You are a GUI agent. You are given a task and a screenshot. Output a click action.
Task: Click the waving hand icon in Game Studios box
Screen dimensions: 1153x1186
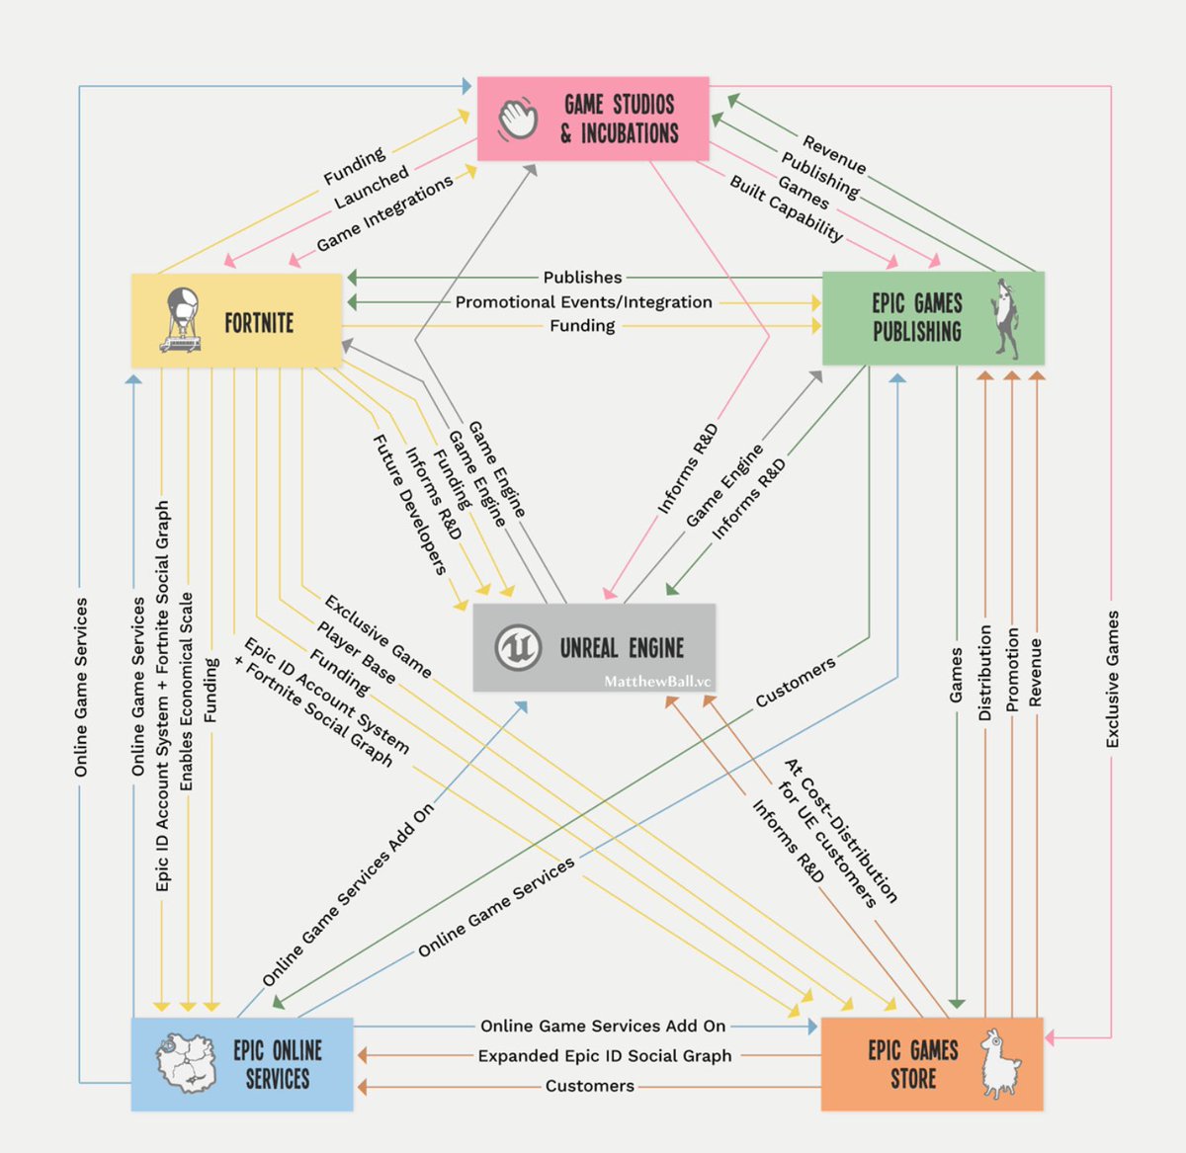click(517, 119)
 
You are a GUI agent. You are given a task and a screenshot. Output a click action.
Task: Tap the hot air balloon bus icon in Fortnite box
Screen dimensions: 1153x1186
click(182, 320)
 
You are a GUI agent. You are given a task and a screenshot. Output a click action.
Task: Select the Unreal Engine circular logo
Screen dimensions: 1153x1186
click(517, 648)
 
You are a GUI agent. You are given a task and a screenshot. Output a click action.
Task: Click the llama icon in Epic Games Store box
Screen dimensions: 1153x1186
click(1000, 1064)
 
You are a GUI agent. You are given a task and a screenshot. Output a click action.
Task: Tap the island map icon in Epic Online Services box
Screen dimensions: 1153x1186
click(187, 1064)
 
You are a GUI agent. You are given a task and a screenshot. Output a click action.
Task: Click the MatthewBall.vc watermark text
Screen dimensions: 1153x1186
click(657, 682)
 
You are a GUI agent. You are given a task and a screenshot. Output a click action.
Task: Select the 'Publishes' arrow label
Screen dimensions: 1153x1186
click(582, 278)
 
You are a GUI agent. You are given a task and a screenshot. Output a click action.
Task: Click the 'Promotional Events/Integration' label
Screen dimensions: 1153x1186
click(583, 302)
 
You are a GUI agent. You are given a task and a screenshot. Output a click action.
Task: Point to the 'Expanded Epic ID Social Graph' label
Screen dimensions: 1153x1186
click(605, 1056)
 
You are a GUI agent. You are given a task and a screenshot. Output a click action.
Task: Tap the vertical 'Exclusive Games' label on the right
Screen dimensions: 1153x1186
click(1113, 679)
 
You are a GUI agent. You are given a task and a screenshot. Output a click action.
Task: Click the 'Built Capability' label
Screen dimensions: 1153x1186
click(787, 208)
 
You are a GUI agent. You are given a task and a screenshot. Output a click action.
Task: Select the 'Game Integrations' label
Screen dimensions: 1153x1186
click(384, 213)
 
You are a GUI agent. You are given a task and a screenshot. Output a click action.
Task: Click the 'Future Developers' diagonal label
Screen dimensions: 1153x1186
click(409, 504)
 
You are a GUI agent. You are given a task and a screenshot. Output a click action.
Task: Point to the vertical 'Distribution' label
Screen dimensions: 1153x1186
click(984, 672)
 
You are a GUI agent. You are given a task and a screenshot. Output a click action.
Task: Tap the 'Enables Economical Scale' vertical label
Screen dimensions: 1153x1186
click(187, 691)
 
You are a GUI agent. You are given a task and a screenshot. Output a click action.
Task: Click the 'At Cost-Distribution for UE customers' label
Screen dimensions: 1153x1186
click(839, 833)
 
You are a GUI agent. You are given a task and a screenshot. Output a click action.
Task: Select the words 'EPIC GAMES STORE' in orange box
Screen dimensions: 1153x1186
click(913, 1064)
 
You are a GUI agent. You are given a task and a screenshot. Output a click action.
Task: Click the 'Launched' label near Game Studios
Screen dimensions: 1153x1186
click(371, 188)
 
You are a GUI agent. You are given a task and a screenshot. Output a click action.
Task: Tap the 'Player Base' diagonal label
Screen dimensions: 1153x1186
click(357, 653)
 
